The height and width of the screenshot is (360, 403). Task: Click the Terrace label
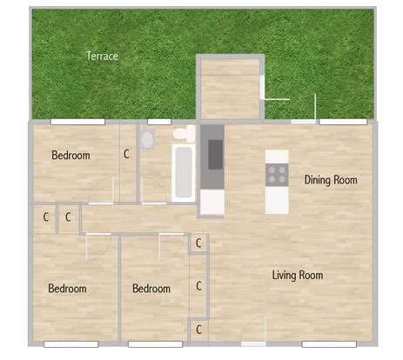[102, 56]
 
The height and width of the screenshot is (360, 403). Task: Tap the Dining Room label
[331, 180]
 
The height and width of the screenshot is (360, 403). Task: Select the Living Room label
[298, 275]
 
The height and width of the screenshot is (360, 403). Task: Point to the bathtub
[184, 173]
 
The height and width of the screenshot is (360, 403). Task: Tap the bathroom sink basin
[148, 139]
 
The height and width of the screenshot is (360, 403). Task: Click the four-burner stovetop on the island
[277, 175]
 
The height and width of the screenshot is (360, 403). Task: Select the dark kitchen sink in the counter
[215, 155]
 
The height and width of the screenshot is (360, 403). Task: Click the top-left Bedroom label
[71, 156]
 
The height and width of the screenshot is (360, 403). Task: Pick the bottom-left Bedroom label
[67, 289]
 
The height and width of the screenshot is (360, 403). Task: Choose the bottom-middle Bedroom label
[151, 289]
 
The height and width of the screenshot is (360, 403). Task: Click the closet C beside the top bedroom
[126, 154]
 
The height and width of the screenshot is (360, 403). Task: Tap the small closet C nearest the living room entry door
[198, 330]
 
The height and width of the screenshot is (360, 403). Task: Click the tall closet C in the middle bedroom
[198, 286]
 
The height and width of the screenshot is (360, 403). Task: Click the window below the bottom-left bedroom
[71, 344]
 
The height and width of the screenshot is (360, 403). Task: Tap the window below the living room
[329, 344]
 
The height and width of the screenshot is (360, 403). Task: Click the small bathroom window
[159, 122]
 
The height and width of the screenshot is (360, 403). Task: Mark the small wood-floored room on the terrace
[231, 89]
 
